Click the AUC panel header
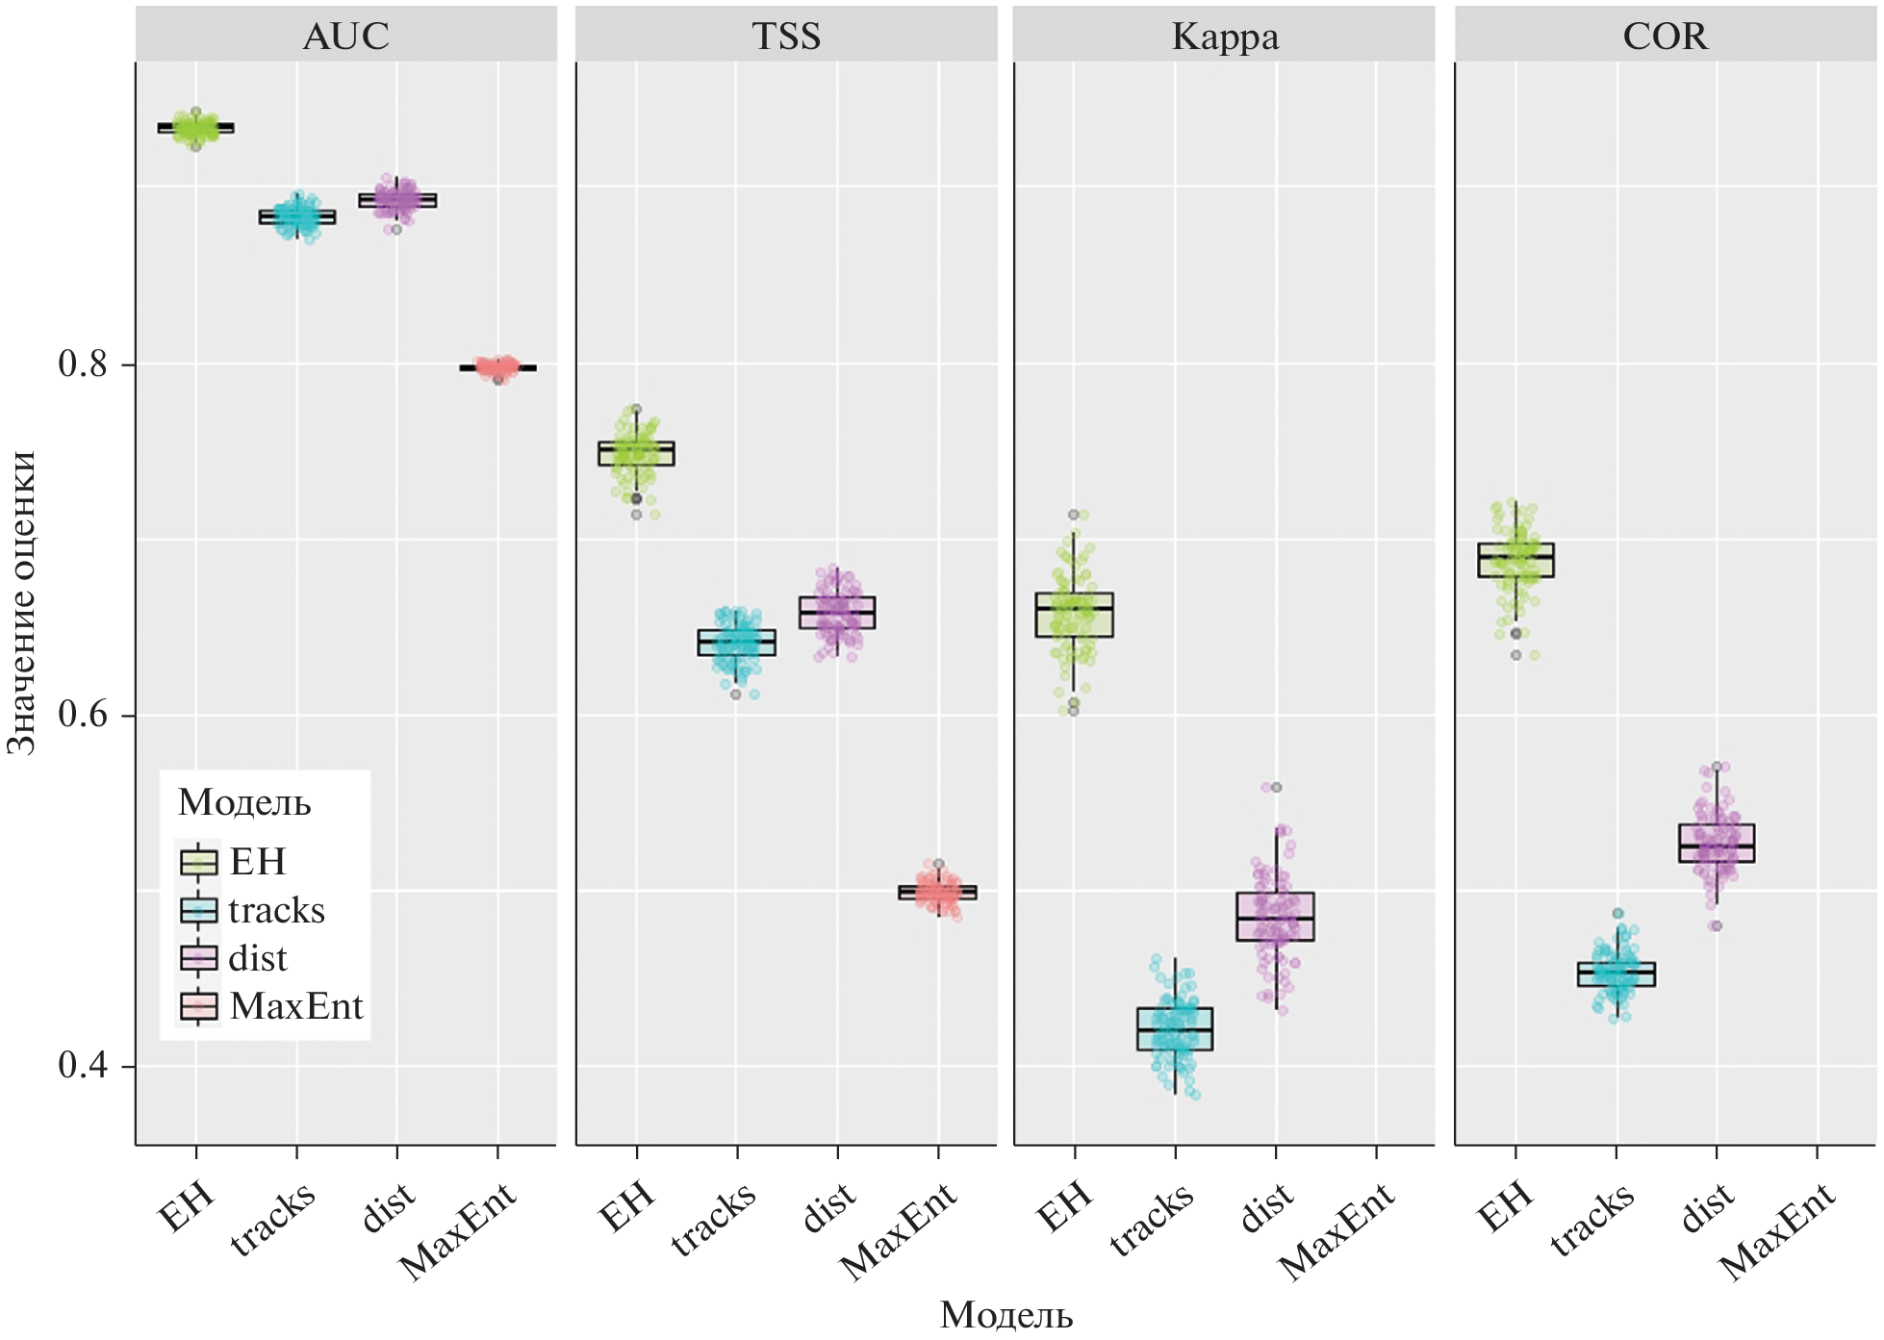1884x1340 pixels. pos(345,37)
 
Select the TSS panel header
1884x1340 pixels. pos(786,37)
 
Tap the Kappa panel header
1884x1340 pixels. pos(1225,37)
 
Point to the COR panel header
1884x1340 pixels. pos(1665,37)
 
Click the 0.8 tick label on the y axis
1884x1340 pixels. pos(83,364)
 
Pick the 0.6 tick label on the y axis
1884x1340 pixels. pos(83,715)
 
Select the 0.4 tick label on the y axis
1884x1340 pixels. pos(83,1065)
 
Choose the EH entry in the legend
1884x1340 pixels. pos(257,862)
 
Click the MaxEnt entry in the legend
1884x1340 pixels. pos(295,1006)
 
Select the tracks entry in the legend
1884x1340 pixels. pos(276,910)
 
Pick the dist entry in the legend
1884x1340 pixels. pos(258,958)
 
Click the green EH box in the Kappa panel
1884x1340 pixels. pos(1074,616)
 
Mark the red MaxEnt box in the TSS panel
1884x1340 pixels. pos(937,893)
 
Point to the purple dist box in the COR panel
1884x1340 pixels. pos(1717,843)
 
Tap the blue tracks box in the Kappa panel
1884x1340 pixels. pos(1175,1029)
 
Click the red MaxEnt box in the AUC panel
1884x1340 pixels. pos(497,367)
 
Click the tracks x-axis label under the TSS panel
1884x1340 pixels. pos(714,1220)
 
